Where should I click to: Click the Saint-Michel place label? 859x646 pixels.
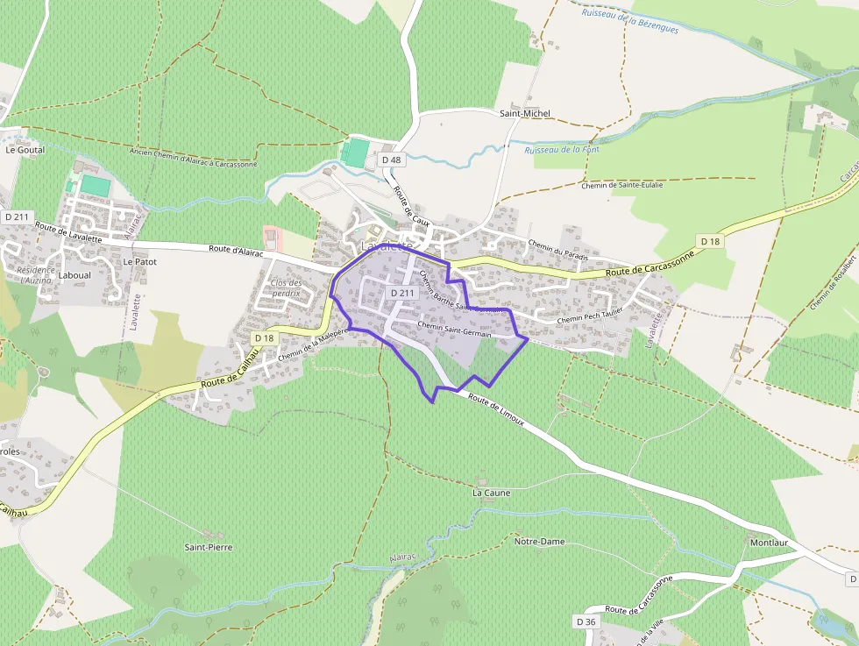tap(525, 113)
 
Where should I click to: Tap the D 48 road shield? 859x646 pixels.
tap(391, 160)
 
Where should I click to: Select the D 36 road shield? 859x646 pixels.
tap(586, 621)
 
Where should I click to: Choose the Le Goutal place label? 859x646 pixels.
tap(25, 150)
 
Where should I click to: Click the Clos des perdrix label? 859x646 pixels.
tap(286, 288)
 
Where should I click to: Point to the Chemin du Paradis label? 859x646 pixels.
tap(557, 249)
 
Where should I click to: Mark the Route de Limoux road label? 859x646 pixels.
tap(496, 409)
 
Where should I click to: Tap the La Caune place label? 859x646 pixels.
tap(491, 493)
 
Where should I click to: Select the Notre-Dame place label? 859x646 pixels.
tap(539, 542)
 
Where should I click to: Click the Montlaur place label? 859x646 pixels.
tap(769, 543)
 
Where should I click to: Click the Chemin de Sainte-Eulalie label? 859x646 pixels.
tap(622, 185)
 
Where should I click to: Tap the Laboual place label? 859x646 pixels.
tap(75, 274)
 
